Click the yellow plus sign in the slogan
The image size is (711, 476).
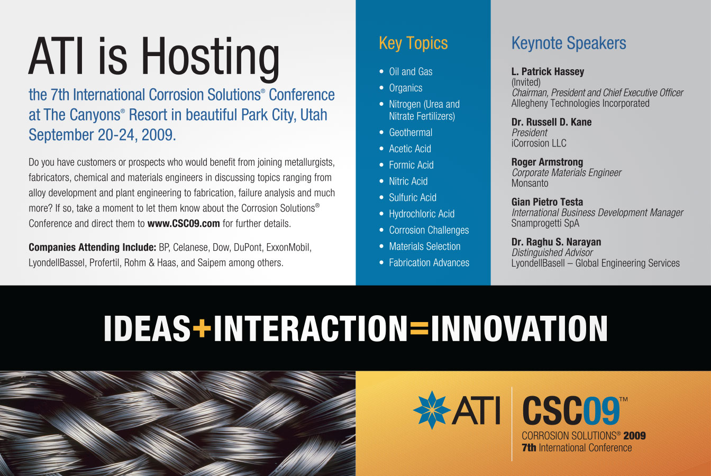click(x=202, y=328)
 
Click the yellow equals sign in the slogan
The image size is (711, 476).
click(x=419, y=328)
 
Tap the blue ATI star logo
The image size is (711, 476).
click(x=432, y=410)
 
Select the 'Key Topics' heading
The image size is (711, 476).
click(x=413, y=43)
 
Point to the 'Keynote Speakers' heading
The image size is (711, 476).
click(x=569, y=43)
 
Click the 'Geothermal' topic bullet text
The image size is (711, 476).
click(x=411, y=132)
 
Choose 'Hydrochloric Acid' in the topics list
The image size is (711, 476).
click(x=422, y=214)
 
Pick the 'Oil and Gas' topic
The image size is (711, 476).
click(x=411, y=71)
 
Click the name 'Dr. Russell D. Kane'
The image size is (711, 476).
click(x=551, y=122)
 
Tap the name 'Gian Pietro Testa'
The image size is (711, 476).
click(x=547, y=202)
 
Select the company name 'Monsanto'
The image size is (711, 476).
click(x=530, y=183)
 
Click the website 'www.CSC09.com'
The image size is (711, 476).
click(x=184, y=223)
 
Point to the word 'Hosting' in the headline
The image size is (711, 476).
click(x=210, y=57)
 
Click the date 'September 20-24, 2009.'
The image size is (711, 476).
click(x=102, y=134)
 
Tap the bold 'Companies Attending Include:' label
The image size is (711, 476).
click(x=92, y=247)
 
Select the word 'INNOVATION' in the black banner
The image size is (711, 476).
click(x=519, y=328)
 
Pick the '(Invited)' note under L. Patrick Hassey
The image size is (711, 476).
click(x=526, y=82)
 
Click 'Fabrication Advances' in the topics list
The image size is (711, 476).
click(x=429, y=262)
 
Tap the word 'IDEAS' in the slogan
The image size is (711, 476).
click(x=147, y=328)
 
